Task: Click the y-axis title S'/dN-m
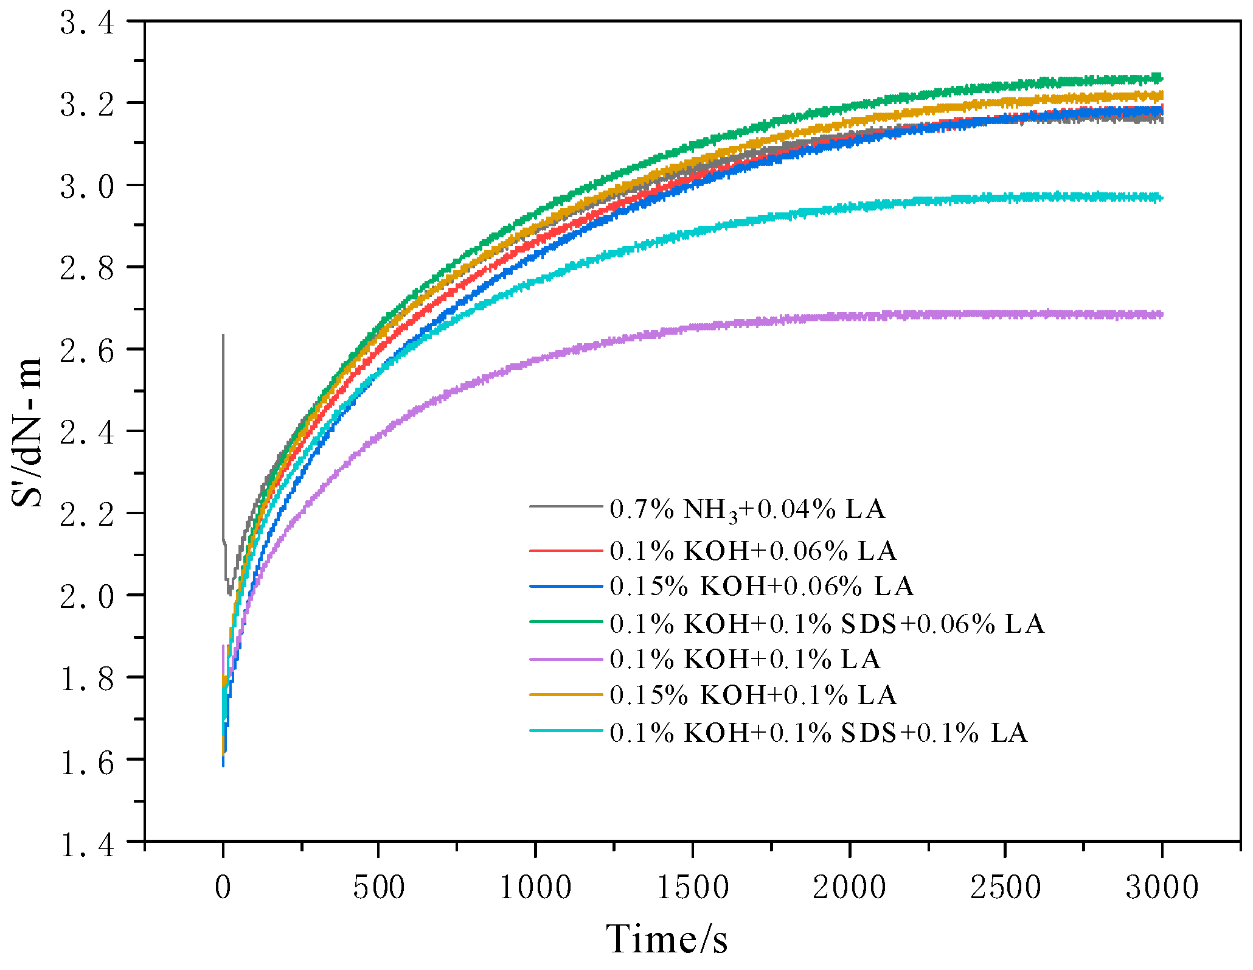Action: pyautogui.click(x=27, y=432)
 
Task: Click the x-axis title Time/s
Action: pyautogui.click(x=667, y=939)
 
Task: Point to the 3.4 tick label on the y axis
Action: pyautogui.click(x=87, y=24)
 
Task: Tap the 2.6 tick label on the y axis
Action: pyautogui.click(x=87, y=352)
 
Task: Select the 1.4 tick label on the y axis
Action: pyautogui.click(x=87, y=845)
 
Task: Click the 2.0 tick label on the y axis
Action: pyautogui.click(x=87, y=598)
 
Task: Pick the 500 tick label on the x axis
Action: pyautogui.click(x=378, y=888)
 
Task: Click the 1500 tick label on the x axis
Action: pyautogui.click(x=693, y=888)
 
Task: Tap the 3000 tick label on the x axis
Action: pyautogui.click(x=1162, y=888)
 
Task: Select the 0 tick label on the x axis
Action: pyautogui.click(x=223, y=888)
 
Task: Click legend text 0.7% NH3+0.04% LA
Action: pyautogui.click(x=747, y=509)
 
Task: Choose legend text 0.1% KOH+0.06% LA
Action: pyautogui.click(x=753, y=551)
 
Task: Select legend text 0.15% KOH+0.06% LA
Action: pyautogui.click(x=762, y=587)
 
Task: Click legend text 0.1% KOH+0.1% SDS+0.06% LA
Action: pyautogui.click(x=827, y=624)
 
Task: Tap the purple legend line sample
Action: pyautogui.click(x=566, y=660)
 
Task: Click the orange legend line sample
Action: pyautogui.click(x=566, y=695)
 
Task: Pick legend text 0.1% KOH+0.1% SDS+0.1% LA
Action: pyautogui.click(x=819, y=733)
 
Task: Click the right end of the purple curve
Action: pyautogui.click(x=1161, y=315)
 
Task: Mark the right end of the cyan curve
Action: pyautogui.click(x=1161, y=197)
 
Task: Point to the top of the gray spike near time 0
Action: pyautogui.click(x=223, y=336)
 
